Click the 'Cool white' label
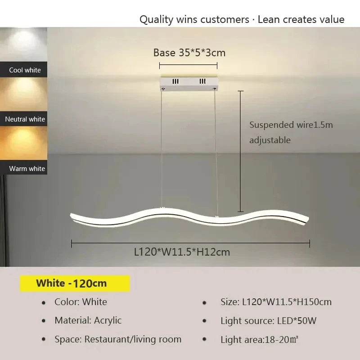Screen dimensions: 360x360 tap(25, 70)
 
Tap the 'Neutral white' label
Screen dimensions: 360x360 tap(25, 119)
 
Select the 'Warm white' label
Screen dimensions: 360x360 tap(27, 169)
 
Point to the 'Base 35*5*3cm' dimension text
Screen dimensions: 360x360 tap(189, 53)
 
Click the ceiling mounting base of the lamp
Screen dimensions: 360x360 tap(189, 82)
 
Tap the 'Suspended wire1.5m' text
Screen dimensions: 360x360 tap(291, 125)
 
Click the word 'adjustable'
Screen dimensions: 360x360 tap(270, 140)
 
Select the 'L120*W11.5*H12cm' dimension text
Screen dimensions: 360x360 tap(182, 252)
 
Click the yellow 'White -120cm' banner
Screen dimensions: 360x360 tap(74, 283)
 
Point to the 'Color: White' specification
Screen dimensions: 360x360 tap(81, 302)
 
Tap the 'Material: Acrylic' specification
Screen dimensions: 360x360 tap(88, 320)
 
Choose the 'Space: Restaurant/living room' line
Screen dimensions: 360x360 tap(118, 339)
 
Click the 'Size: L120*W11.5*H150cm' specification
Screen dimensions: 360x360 tap(276, 302)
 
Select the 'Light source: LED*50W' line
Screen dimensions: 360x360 tap(268, 321)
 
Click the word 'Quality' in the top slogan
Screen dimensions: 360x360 tap(156, 19)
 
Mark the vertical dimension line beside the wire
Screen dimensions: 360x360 tap(241, 151)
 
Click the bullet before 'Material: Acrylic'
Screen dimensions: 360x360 tap(44, 321)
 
